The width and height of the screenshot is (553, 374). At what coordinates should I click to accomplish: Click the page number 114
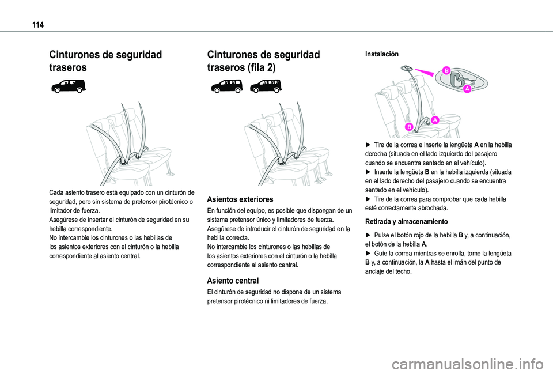pos(38,25)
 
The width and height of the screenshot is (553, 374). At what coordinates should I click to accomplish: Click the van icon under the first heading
pos(68,86)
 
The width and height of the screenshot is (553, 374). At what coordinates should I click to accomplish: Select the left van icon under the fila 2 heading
pos(227,86)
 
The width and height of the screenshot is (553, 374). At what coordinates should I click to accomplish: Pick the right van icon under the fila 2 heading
pos(266,86)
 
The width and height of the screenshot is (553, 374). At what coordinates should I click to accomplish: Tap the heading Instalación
pos(381,54)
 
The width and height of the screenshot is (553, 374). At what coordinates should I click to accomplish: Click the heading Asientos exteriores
pos(240,199)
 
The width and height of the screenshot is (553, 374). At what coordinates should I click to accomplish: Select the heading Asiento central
pos(233,281)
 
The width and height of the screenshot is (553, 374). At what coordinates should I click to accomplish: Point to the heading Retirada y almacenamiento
pos(406,222)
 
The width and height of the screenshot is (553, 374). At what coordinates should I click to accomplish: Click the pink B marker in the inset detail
pos(446,70)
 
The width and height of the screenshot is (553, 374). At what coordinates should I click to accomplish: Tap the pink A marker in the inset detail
pos(467,89)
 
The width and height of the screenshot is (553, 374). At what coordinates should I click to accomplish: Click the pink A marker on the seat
pos(435,120)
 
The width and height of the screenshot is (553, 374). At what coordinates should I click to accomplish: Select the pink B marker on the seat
pos(409,127)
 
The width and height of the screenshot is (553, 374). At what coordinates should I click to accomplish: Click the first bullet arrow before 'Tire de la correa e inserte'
pos(368,145)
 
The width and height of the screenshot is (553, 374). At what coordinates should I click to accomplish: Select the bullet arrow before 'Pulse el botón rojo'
pos(368,235)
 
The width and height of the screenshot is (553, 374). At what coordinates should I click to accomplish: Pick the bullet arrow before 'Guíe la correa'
pos(368,253)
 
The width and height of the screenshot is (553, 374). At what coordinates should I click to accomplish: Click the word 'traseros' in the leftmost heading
pos(68,67)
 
